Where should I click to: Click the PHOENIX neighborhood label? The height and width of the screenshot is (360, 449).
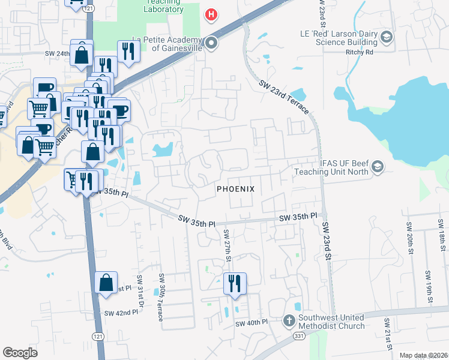[x=235, y=188]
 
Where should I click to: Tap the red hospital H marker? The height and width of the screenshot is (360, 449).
[x=211, y=14]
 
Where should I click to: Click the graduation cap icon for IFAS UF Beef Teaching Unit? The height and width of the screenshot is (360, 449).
[x=378, y=167]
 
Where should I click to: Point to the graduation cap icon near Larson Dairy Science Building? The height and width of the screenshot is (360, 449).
[x=386, y=38]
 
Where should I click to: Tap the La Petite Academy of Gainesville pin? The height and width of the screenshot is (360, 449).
[x=211, y=43]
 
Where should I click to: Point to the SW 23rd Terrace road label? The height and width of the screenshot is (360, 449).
[x=285, y=97]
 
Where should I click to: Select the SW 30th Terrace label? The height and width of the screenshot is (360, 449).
[x=161, y=297]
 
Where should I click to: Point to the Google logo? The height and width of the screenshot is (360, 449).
[x=20, y=353]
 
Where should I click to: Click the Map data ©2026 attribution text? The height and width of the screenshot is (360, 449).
[x=423, y=355]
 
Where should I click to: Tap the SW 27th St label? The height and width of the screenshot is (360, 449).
[x=228, y=244]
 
